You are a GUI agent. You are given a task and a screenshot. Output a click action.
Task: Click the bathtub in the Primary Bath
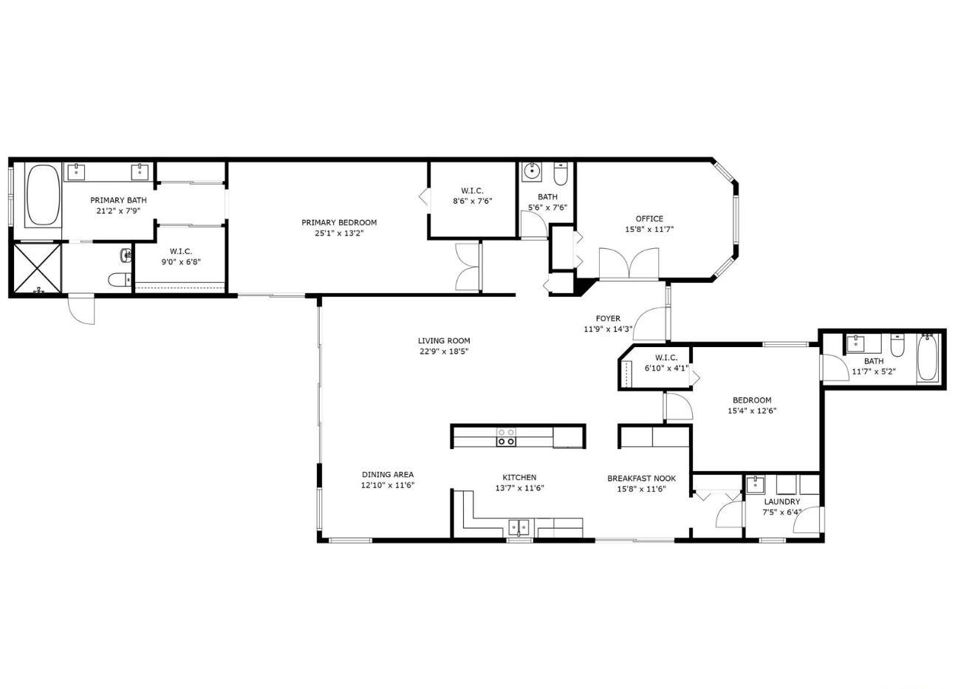[x=43, y=196]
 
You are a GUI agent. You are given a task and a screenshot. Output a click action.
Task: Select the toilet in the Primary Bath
[x=119, y=280]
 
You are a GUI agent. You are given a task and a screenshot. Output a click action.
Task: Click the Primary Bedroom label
[x=339, y=222]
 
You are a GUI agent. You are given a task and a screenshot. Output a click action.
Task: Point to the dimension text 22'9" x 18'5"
[x=444, y=352]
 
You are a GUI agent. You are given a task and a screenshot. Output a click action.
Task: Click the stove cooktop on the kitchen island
[x=506, y=436]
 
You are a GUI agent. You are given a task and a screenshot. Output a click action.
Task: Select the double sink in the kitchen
[x=519, y=527]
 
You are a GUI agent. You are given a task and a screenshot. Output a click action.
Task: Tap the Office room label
[x=649, y=219]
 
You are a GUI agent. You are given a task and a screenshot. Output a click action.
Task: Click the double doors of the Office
[x=629, y=264]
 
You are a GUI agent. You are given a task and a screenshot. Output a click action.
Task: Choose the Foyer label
[x=608, y=319]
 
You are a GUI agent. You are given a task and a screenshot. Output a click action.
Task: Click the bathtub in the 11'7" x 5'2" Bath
[x=927, y=357]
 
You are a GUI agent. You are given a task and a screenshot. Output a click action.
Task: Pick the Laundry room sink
[x=755, y=485]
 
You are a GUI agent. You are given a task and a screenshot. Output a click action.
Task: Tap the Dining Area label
[x=387, y=475]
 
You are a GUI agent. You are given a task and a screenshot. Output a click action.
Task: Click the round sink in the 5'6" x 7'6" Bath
[x=532, y=172]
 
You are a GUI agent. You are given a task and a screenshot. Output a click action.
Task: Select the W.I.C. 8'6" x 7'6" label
[x=472, y=191]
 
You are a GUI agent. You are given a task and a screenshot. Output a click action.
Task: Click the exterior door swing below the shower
[x=81, y=309]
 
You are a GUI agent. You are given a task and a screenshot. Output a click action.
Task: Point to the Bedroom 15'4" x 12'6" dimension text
[x=752, y=411]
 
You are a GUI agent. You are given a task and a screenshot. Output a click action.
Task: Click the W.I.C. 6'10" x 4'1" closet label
[x=665, y=357]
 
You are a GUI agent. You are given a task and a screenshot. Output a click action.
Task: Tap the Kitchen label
[x=519, y=477]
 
